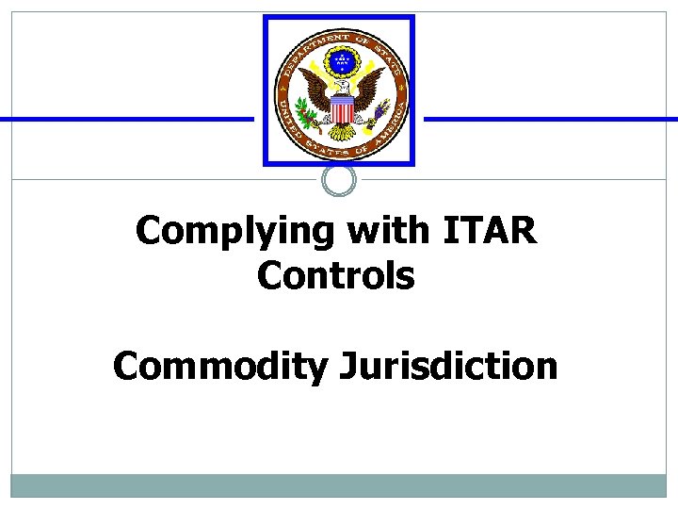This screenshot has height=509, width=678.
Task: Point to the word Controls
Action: pos(335,276)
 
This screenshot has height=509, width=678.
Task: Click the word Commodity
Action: pos(216,366)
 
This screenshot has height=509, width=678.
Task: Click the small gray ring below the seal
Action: pos(339,180)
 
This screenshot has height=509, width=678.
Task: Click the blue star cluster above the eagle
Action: pos(339,63)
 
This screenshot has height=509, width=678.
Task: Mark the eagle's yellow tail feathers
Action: pos(341,133)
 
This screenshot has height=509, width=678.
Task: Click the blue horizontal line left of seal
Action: pos(127,120)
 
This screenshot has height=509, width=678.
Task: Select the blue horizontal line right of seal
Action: pos(551,120)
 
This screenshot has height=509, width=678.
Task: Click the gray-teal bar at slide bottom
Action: pos(339,485)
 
